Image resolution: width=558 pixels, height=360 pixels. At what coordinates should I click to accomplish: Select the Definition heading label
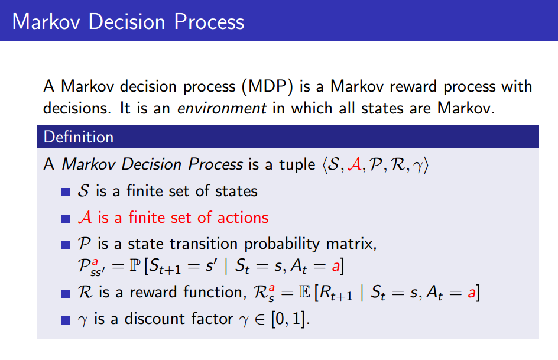pyautogui.click(x=79, y=137)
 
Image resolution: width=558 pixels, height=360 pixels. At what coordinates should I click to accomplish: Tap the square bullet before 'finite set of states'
pyautogui.click(x=66, y=192)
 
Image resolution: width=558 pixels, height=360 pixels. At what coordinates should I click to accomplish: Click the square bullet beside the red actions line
pyautogui.click(x=66, y=219)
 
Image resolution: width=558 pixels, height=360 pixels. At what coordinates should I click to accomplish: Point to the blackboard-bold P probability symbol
pyautogui.click(x=139, y=267)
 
